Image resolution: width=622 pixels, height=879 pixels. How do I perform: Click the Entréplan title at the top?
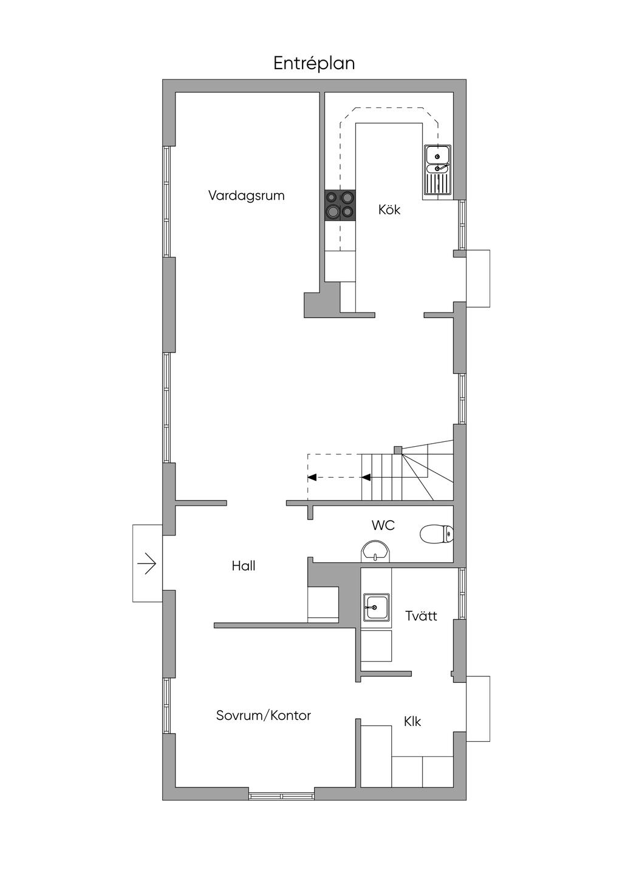click(x=313, y=63)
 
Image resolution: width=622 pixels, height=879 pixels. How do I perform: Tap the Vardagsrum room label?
click(x=246, y=195)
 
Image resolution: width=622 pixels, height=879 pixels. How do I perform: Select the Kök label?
click(x=389, y=210)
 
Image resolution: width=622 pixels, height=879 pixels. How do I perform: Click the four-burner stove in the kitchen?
click(x=340, y=205)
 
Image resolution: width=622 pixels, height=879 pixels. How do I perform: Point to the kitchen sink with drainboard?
click(x=437, y=171)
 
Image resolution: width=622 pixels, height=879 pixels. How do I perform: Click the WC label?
click(x=383, y=525)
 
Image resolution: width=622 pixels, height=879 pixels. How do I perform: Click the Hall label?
click(x=243, y=566)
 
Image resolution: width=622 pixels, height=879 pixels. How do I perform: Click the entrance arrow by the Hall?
click(x=147, y=565)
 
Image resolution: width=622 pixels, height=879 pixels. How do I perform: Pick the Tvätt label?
click(x=421, y=616)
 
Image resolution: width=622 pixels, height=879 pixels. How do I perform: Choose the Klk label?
click(x=412, y=721)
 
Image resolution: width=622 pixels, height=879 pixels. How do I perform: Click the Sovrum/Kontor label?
click(x=263, y=715)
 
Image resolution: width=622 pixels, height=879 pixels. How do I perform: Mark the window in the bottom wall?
click(x=281, y=795)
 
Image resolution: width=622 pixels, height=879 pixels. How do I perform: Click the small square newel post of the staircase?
click(x=398, y=450)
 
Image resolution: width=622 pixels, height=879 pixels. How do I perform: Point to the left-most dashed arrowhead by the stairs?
click(x=312, y=477)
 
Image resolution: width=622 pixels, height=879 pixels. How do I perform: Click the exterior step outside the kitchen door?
click(x=477, y=278)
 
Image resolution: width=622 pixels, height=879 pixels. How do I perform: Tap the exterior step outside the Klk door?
click(x=477, y=708)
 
